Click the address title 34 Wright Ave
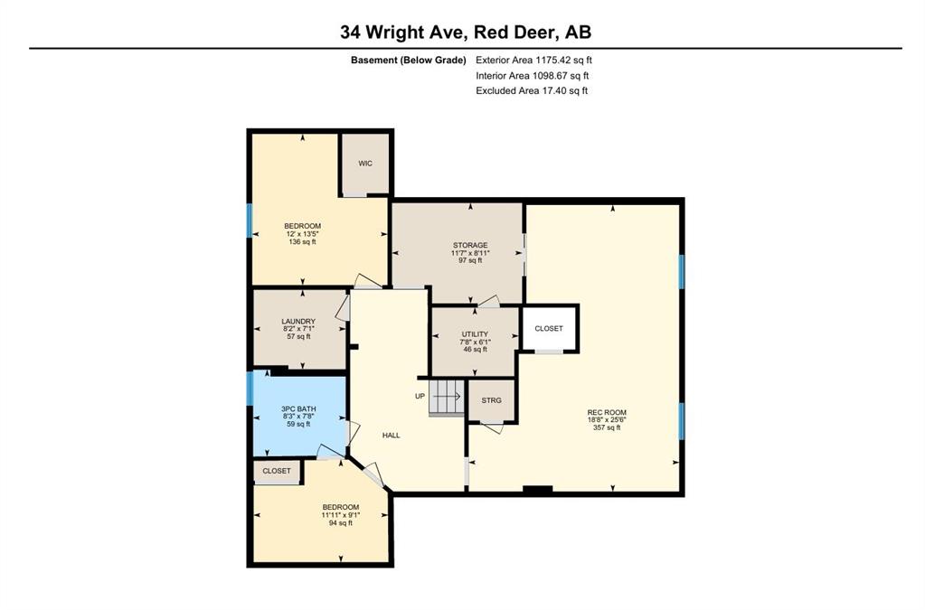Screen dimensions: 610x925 point(466,33)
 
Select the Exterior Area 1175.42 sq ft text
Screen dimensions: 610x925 point(533,61)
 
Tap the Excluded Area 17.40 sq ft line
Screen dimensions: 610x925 point(533,90)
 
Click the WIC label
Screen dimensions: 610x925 point(365,164)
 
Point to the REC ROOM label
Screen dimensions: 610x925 point(607,413)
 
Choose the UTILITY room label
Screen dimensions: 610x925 point(475,334)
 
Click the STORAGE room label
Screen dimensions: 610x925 point(470,246)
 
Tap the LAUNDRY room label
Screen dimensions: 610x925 point(297,321)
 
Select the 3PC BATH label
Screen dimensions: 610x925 point(297,408)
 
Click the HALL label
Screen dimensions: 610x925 point(392,436)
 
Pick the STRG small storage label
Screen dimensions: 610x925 point(491,400)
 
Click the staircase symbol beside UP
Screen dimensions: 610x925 point(446,396)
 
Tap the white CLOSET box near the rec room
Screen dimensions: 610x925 point(549,329)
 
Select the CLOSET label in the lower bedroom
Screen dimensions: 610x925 point(277,471)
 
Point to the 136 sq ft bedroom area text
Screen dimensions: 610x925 point(302,242)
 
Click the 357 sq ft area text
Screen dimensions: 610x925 point(607,428)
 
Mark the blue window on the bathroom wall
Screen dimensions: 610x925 point(250,389)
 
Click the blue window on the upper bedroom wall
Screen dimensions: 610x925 point(250,221)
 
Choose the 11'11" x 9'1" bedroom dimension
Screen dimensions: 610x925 point(341,514)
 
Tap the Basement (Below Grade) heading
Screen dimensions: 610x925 point(408,61)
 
